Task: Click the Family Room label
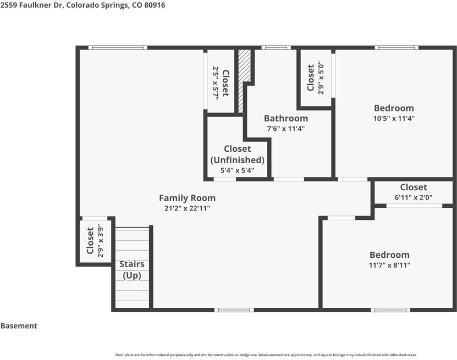tap(187, 198)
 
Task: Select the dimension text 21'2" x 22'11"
tap(187, 208)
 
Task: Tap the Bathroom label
tap(285, 118)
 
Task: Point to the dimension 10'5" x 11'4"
tap(394, 118)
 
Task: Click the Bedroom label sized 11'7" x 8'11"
tap(389, 254)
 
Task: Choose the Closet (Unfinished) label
tap(238, 154)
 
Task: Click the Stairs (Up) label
tap(132, 270)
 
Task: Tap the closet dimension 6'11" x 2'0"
tap(414, 197)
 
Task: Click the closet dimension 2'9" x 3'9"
tap(101, 241)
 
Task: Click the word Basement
tap(19, 326)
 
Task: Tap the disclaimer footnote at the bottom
tap(266, 355)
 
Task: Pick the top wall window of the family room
tap(118, 48)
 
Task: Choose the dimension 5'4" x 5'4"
tap(238, 170)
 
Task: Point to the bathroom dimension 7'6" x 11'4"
tap(285, 129)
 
